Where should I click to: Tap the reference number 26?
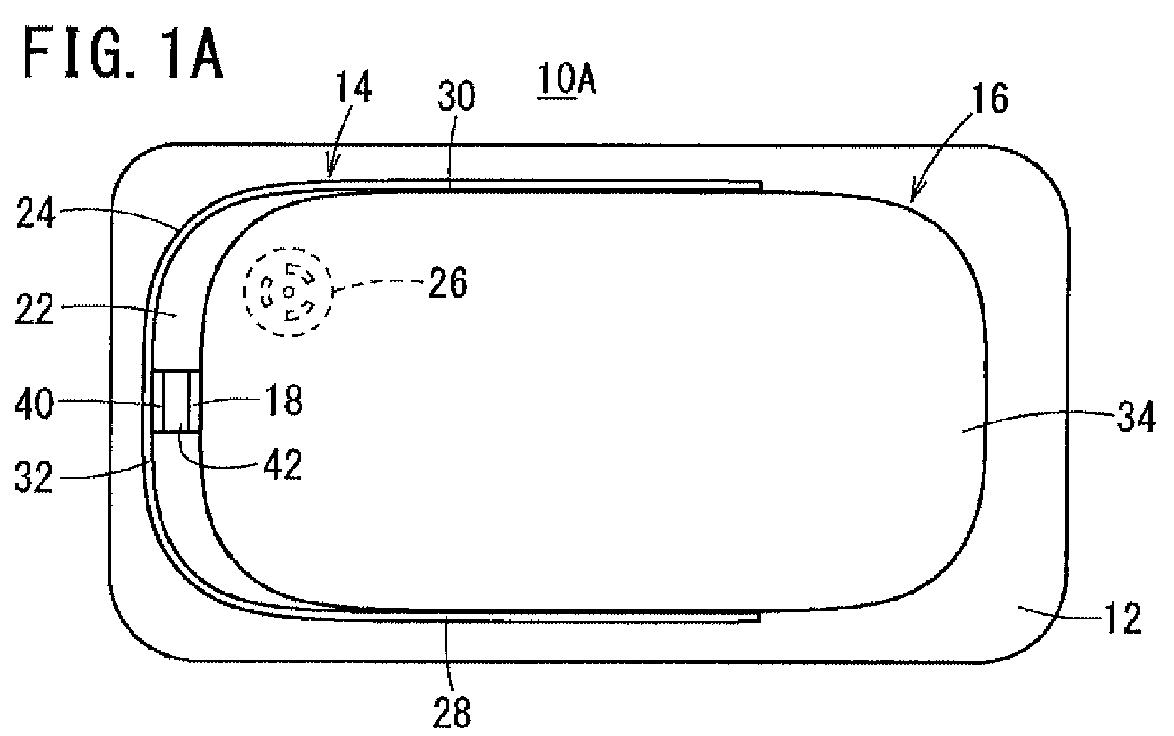coord(448,283)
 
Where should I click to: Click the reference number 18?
coord(284,400)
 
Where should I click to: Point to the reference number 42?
coord(284,465)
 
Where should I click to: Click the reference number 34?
coord(1136,418)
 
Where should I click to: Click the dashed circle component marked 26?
coord(288,292)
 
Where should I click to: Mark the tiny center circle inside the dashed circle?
coord(288,292)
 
